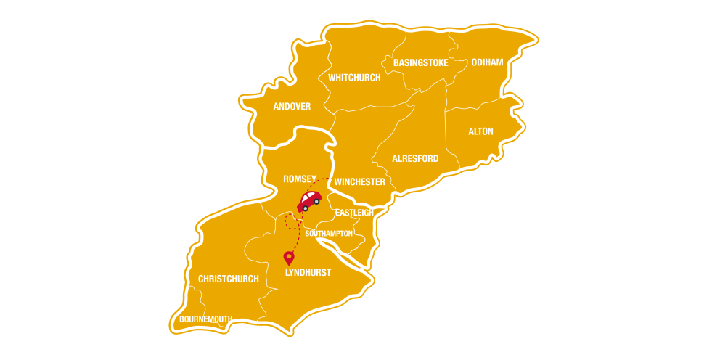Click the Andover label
tap(292, 107)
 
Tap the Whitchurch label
tap(354, 78)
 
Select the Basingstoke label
tap(421, 63)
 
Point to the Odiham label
tap(487, 62)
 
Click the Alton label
tap(480, 131)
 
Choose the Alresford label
tap(415, 158)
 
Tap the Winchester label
tap(360, 182)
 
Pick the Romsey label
tap(300, 178)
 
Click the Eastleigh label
tap(354, 213)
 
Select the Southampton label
tap(329, 234)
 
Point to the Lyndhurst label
tap(308, 272)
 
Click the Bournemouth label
tap(205, 319)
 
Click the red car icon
tap(309, 200)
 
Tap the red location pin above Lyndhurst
tap(289, 258)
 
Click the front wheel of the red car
tap(306, 208)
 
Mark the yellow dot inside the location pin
tap(289, 255)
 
